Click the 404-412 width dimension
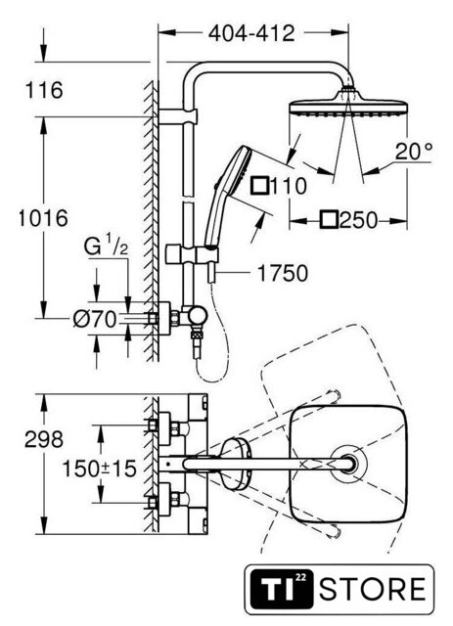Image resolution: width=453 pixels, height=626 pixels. coord(251,33)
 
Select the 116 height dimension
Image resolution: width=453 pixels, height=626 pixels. coord(44,90)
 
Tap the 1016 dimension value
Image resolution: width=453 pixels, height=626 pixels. coord(43,218)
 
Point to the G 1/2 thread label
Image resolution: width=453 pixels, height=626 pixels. coord(107,247)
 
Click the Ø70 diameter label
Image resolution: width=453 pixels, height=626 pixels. coord(95,319)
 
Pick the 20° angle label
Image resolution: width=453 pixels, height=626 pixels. coord(414,152)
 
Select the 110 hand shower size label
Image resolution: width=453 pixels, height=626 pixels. coord(289,186)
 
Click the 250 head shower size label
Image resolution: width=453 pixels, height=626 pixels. coord(358,220)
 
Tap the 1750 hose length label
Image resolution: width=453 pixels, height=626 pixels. coord(283,274)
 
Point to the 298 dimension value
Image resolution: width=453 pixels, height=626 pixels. coord(44,439)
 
